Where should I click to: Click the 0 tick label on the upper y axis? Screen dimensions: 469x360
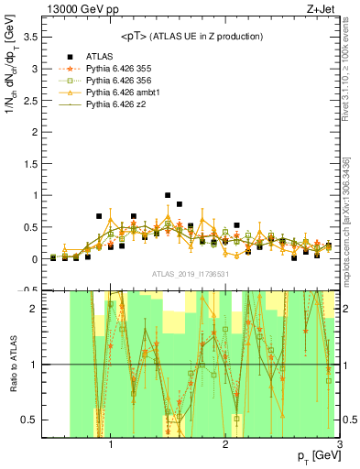[x=35, y=259]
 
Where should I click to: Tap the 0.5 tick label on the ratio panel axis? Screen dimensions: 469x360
[x=30, y=420]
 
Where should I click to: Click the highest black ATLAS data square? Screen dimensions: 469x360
[x=168, y=195]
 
